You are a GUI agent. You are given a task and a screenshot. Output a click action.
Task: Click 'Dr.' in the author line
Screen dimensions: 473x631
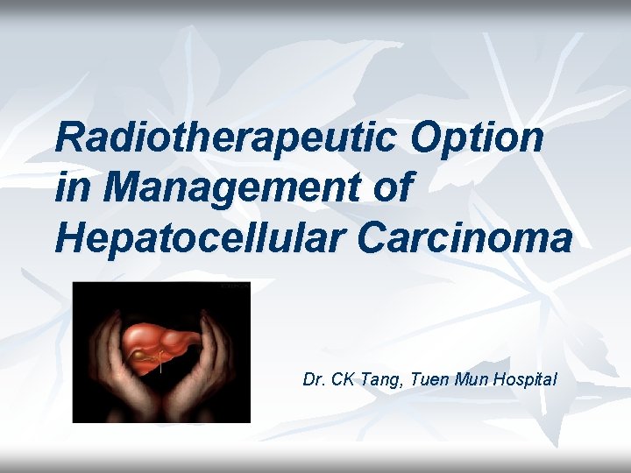(313, 380)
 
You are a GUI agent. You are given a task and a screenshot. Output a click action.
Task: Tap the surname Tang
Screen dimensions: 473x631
(378, 380)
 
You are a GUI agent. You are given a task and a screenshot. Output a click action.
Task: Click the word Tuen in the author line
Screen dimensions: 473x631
(423, 380)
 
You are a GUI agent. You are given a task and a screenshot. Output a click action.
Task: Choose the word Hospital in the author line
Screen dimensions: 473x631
(524, 380)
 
